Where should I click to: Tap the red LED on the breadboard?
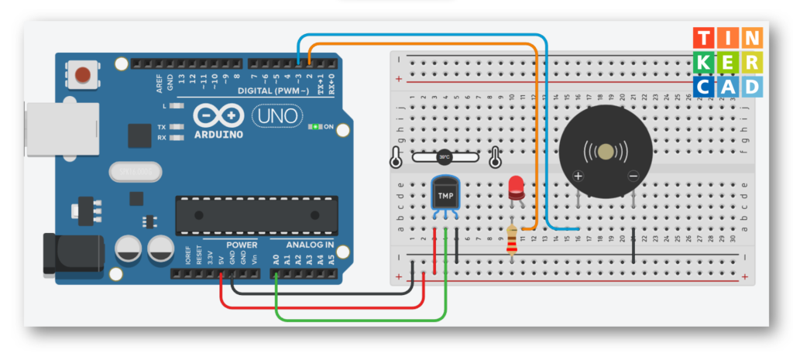pyautogui.click(x=515, y=187)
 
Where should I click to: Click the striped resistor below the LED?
pyautogui.click(x=511, y=239)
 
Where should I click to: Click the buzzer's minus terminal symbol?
pyautogui.click(x=633, y=177)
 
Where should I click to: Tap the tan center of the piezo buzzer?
pyautogui.click(x=606, y=150)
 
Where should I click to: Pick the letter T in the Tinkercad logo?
pyautogui.click(x=704, y=38)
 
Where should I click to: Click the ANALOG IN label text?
pyautogui.click(x=310, y=245)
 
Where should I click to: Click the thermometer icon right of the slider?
pyautogui.click(x=495, y=157)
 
